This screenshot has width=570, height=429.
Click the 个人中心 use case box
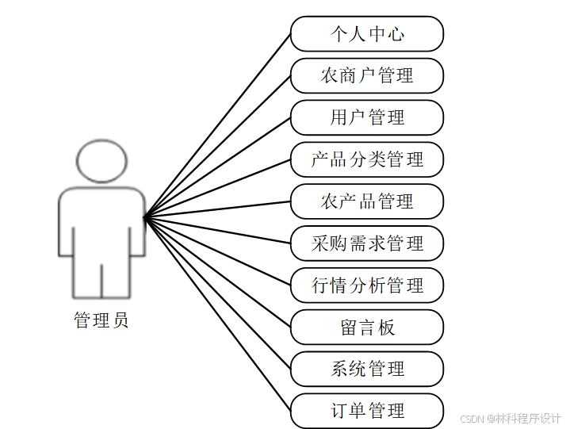pyautogui.click(x=366, y=34)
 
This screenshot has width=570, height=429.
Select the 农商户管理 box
pyautogui.click(x=366, y=76)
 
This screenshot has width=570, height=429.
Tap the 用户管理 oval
pyautogui.click(x=366, y=118)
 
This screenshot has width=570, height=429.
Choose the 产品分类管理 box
pyautogui.click(x=366, y=160)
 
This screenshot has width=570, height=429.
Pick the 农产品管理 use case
pyautogui.click(x=366, y=201)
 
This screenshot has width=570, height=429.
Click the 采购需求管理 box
pyautogui.click(x=366, y=243)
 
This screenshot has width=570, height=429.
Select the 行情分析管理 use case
pyautogui.click(x=366, y=285)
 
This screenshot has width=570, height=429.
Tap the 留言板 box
pyautogui.click(x=366, y=327)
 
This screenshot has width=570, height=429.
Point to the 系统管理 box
pyautogui.click(x=366, y=369)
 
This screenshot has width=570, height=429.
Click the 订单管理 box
pyautogui.click(x=366, y=411)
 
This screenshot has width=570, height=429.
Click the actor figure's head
pyautogui.click(x=101, y=161)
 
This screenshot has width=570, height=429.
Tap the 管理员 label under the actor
pyautogui.click(x=101, y=321)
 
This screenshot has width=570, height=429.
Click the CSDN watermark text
pyautogui.click(x=511, y=418)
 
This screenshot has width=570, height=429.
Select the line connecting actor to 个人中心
pyautogui.click(x=217, y=125)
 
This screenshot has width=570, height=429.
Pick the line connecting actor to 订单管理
pyautogui.click(x=217, y=314)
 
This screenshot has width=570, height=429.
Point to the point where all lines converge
pyautogui.click(x=144, y=216)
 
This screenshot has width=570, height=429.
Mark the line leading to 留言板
pyautogui.click(x=217, y=272)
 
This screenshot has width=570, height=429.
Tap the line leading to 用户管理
pyautogui.click(x=217, y=167)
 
